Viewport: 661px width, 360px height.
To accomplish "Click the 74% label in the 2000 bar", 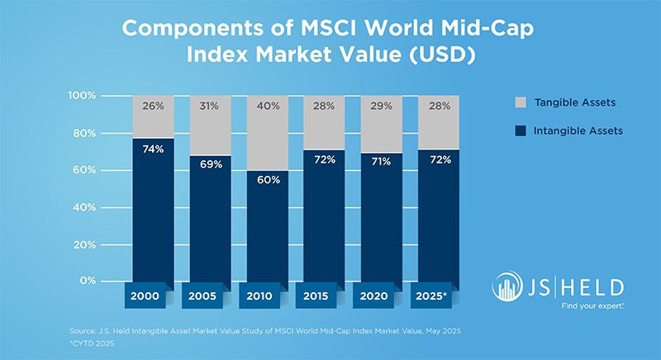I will point(153,149).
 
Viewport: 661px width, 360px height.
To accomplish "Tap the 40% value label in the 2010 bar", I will point(268,107).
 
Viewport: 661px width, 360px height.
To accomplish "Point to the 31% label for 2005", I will point(211,107).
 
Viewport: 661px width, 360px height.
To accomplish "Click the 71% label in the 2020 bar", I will point(382,159).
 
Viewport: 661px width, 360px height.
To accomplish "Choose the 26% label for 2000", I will point(153,107).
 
